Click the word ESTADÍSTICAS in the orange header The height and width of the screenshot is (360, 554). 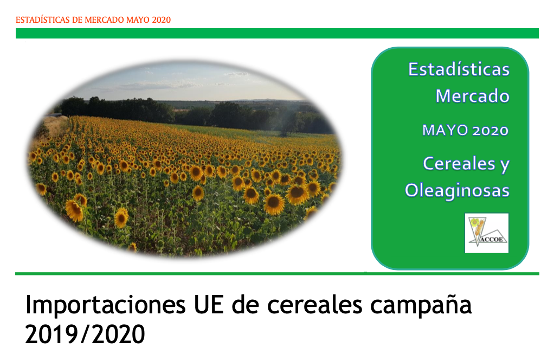coord(42,20)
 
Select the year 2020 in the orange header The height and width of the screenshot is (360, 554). coord(162,20)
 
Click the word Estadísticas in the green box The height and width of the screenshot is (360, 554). coord(459,69)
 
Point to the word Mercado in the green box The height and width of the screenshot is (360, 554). coord(472,96)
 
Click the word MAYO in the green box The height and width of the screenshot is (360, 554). coord(445,130)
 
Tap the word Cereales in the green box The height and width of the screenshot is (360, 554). coord(459,163)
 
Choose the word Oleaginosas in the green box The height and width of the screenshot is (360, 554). coord(457,191)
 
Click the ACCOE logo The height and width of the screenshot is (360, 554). coord(487,233)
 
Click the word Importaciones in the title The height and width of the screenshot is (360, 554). coord(105,305)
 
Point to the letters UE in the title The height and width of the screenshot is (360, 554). coord(209,305)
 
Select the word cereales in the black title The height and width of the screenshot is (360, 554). coord(314,305)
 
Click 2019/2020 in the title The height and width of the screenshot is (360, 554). coord(85,334)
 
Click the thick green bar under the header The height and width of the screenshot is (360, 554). coord(277,33)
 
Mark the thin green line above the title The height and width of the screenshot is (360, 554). coord(277,273)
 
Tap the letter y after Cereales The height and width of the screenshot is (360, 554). coord(505,165)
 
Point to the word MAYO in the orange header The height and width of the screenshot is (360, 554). coord(138,20)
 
